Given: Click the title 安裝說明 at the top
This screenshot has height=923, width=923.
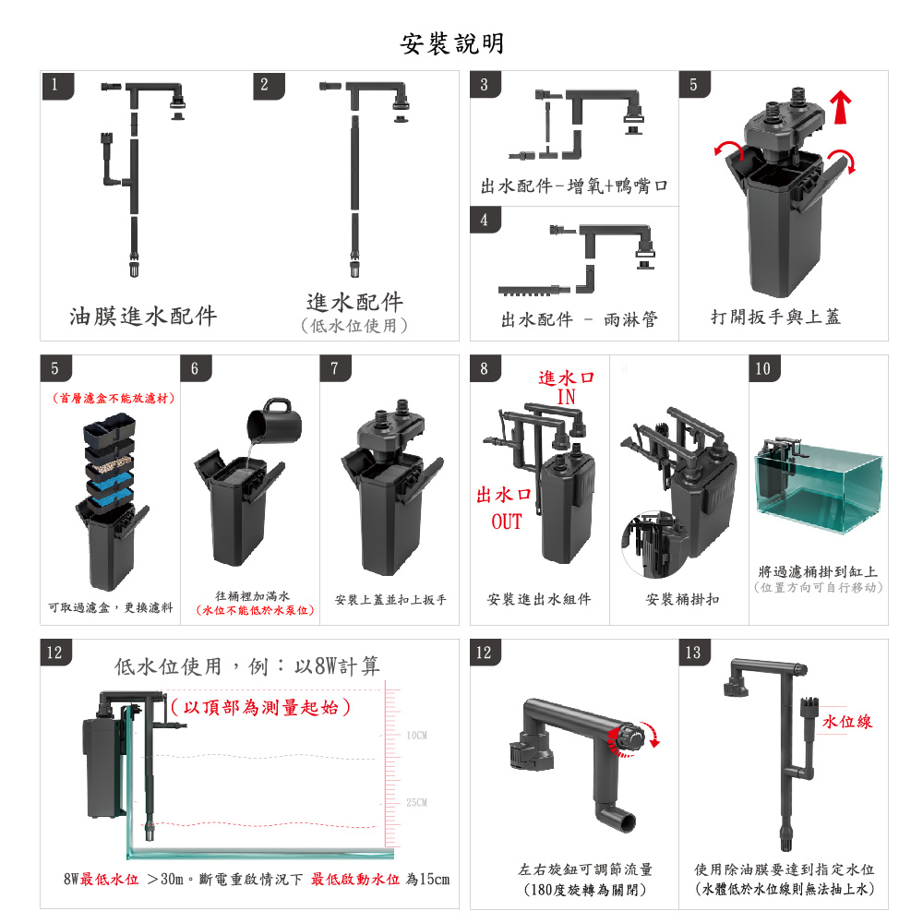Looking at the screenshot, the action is click(x=452, y=43).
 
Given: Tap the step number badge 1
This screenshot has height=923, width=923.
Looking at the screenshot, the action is click(x=57, y=85).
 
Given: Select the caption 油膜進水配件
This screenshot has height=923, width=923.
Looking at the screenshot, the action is click(x=144, y=316).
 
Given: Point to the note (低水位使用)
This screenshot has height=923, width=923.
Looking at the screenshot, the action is click(x=354, y=326).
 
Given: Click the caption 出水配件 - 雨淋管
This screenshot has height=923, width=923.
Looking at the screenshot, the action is click(x=580, y=319).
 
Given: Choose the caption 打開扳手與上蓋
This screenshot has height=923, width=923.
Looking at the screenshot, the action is click(x=776, y=318).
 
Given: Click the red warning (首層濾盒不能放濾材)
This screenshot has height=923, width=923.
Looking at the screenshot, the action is click(x=114, y=399).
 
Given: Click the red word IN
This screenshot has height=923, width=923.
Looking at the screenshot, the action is click(x=567, y=397).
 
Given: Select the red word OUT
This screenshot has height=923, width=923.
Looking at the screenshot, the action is click(x=506, y=521).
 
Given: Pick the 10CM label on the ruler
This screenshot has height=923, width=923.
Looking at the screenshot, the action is click(x=417, y=736).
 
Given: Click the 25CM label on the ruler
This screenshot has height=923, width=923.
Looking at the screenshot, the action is click(x=417, y=802).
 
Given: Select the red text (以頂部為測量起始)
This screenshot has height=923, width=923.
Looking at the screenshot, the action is click(x=261, y=707).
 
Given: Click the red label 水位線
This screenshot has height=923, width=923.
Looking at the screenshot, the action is click(x=847, y=722).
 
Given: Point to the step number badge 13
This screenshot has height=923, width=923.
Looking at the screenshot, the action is click(x=694, y=653).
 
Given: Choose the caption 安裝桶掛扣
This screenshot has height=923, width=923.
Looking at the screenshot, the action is click(x=682, y=599).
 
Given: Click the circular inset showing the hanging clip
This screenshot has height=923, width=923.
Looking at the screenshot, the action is click(x=654, y=545).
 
